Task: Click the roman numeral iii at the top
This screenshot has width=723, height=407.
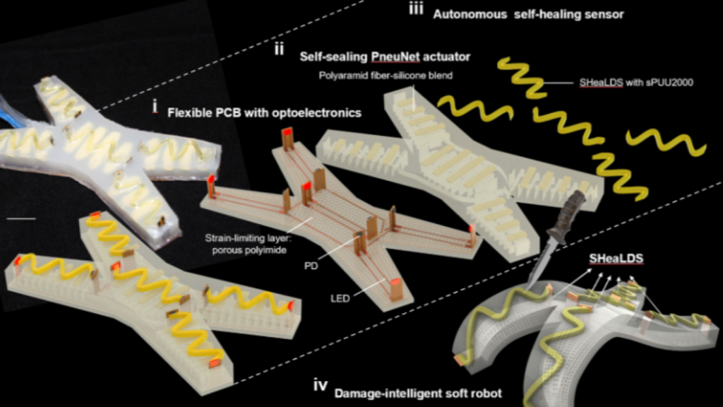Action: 417,12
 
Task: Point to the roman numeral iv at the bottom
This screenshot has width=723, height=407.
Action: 319,387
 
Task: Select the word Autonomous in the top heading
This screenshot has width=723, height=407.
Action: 469,14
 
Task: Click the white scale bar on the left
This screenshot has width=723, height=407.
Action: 20,218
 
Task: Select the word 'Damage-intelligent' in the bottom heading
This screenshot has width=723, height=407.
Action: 389,392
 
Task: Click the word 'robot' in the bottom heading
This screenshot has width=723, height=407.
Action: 486,392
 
